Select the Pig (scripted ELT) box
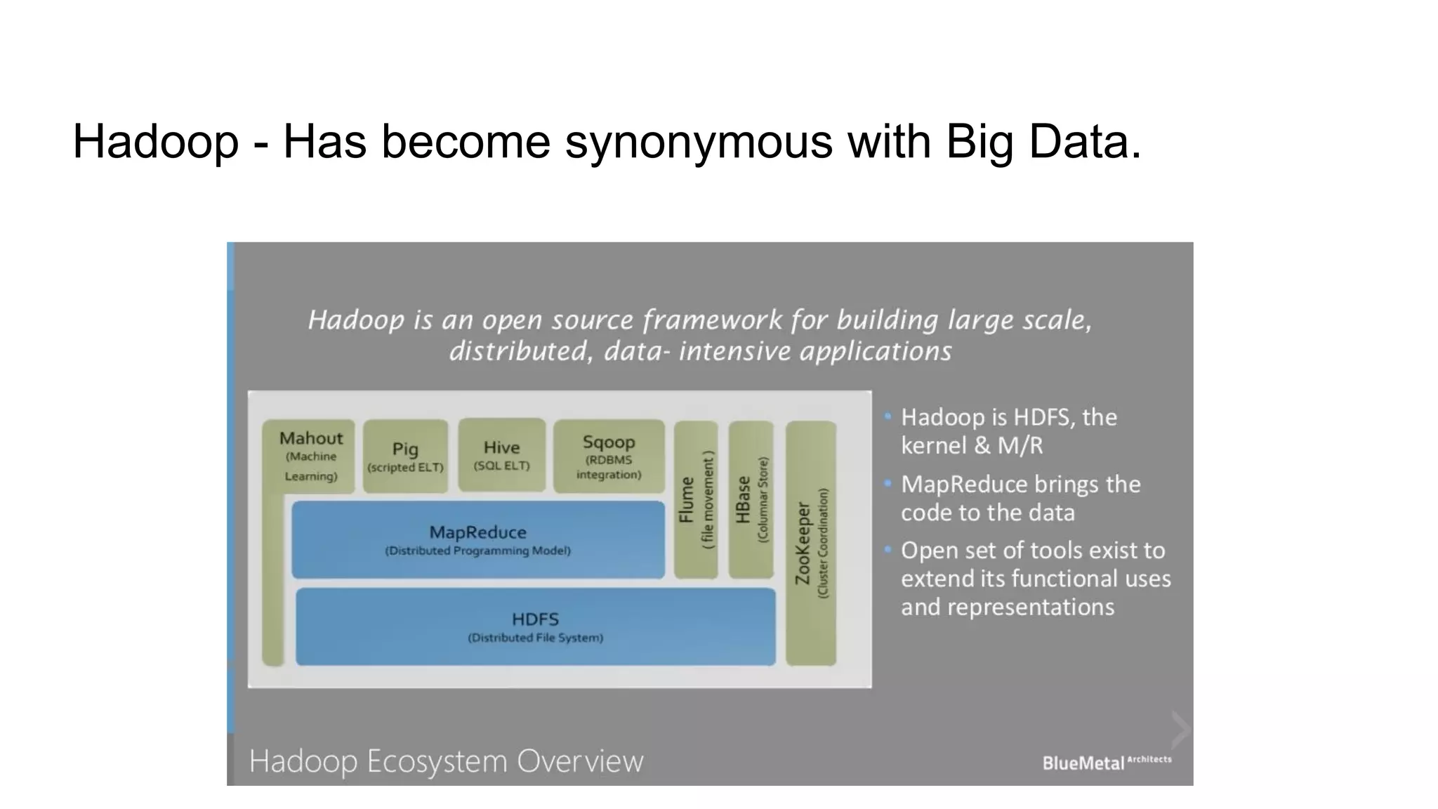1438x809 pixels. pos(405,456)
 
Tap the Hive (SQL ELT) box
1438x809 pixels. pos(501,455)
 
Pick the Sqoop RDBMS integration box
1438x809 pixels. pos(609,456)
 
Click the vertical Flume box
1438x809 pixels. pos(696,500)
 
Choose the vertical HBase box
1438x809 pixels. pos(751,500)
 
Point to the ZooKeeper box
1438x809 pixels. pos(811,544)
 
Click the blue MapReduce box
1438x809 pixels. pos(477,540)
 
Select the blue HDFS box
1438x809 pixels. pos(535,627)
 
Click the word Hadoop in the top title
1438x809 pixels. pos(155,142)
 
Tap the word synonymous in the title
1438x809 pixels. pos(699,142)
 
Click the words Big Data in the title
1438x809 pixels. pos(1043,142)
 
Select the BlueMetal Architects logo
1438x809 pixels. pos(1107,762)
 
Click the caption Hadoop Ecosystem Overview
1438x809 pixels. pos(446,761)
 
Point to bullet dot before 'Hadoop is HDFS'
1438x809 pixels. pos(888,416)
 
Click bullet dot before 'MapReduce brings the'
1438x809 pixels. pos(888,484)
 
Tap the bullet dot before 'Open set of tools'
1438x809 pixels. pos(888,549)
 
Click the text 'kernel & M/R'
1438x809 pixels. pos(972,445)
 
